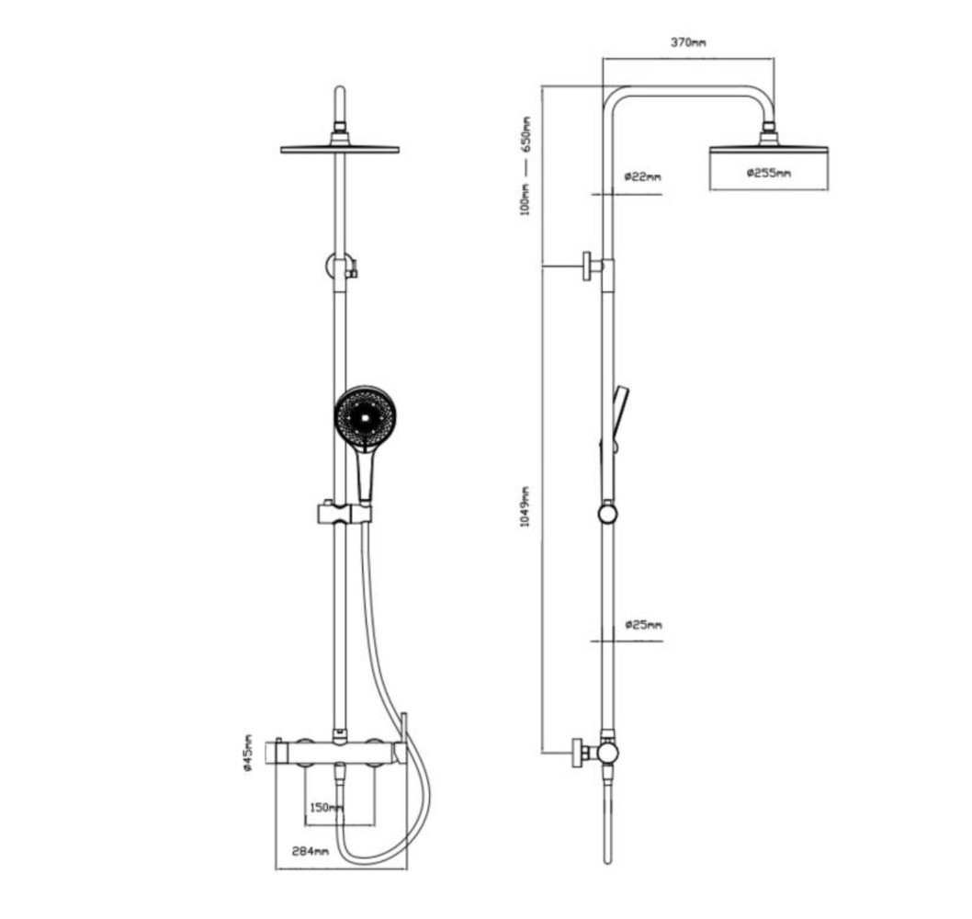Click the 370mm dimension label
point(688,42)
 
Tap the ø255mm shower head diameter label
point(769,173)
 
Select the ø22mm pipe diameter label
point(643,176)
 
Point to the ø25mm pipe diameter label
point(643,624)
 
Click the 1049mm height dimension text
point(525,506)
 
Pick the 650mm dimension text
point(526,134)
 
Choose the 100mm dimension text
point(525,198)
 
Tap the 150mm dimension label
point(326,808)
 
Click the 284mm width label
point(310,851)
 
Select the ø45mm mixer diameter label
point(248,752)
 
